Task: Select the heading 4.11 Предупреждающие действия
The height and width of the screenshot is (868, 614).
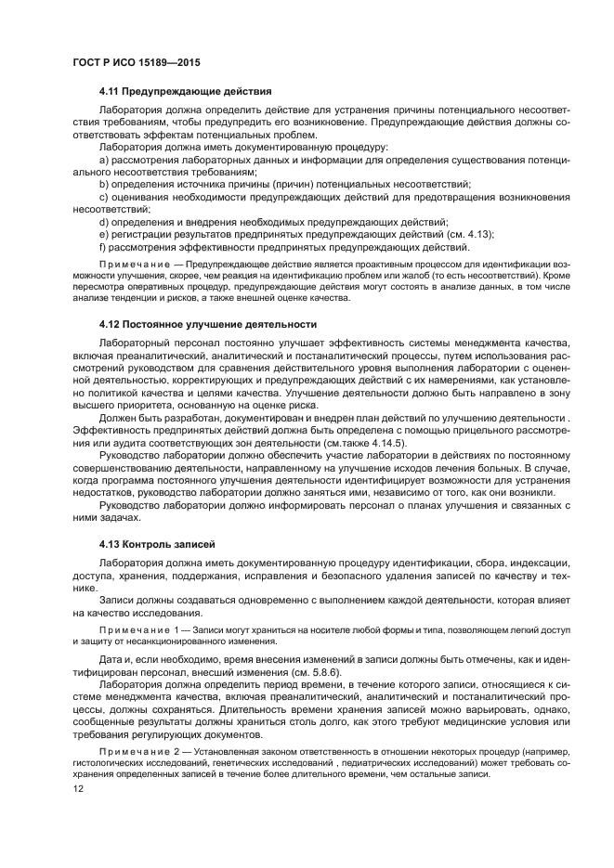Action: click(185, 91)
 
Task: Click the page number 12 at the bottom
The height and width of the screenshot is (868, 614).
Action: click(77, 788)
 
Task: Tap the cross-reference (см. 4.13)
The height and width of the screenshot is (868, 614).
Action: click(468, 234)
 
